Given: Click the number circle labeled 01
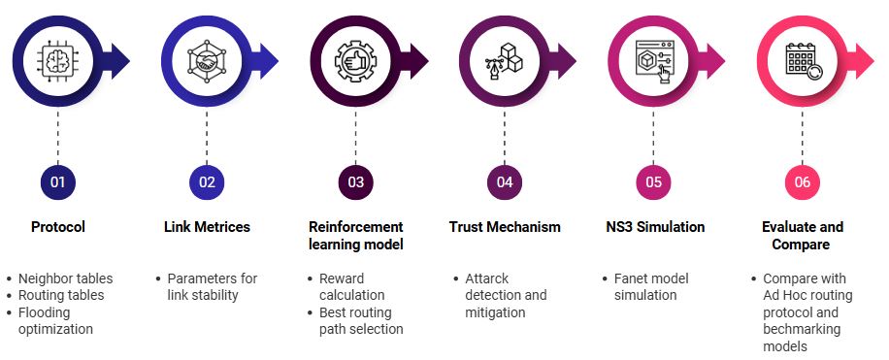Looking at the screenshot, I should click(x=57, y=181).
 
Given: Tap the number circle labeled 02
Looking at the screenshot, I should click(x=207, y=181).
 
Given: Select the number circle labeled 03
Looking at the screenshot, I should click(x=355, y=181).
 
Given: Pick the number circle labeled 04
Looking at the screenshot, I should click(x=505, y=181).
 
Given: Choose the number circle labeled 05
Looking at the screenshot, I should click(x=653, y=181).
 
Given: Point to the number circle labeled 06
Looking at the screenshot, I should click(x=802, y=181).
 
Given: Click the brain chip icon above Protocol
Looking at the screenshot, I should click(x=57, y=60).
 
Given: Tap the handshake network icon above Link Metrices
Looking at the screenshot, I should click(x=207, y=60).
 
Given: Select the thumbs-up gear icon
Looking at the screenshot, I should click(x=355, y=60).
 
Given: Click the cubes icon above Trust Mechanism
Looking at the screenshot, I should click(x=505, y=60).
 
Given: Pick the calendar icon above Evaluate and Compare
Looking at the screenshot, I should click(x=802, y=60).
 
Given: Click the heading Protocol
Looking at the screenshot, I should click(x=57, y=227).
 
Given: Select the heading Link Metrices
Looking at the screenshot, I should click(x=207, y=227).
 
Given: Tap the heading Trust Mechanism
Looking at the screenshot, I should click(x=505, y=227).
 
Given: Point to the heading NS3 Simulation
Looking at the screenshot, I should click(x=653, y=227).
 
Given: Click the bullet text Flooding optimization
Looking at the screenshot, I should click(x=57, y=320).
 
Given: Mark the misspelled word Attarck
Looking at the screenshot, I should click(x=487, y=278).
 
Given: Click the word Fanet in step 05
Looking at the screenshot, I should click(x=632, y=278).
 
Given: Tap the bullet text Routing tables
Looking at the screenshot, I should click(x=61, y=294).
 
